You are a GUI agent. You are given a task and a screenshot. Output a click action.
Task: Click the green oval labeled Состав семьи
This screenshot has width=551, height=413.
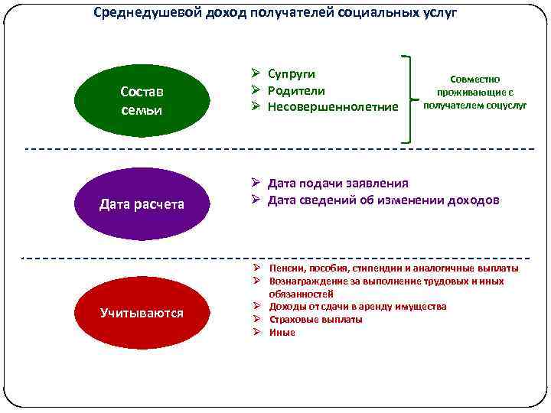pos(142,100)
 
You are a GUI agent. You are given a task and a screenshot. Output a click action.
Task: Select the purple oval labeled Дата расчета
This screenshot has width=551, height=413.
pos(142,204)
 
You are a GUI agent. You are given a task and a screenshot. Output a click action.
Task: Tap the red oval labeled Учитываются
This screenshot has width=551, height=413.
pos(142,313)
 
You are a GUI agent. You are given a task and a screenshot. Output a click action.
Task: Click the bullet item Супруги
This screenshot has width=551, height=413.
pos(292,73)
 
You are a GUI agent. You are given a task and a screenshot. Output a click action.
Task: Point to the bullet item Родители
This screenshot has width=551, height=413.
pos(296,90)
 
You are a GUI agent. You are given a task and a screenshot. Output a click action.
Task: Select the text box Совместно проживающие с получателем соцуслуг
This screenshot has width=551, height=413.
pos(475,92)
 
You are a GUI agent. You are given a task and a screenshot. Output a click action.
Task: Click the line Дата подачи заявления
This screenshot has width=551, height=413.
pos(337,184)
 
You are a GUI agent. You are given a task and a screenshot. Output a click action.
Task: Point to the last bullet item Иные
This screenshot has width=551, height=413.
pos(282,333)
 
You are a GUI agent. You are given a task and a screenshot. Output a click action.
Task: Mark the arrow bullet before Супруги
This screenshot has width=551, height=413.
pos(258,73)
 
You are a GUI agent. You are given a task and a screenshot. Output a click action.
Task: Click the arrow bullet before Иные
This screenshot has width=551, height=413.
pos(259,333)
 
